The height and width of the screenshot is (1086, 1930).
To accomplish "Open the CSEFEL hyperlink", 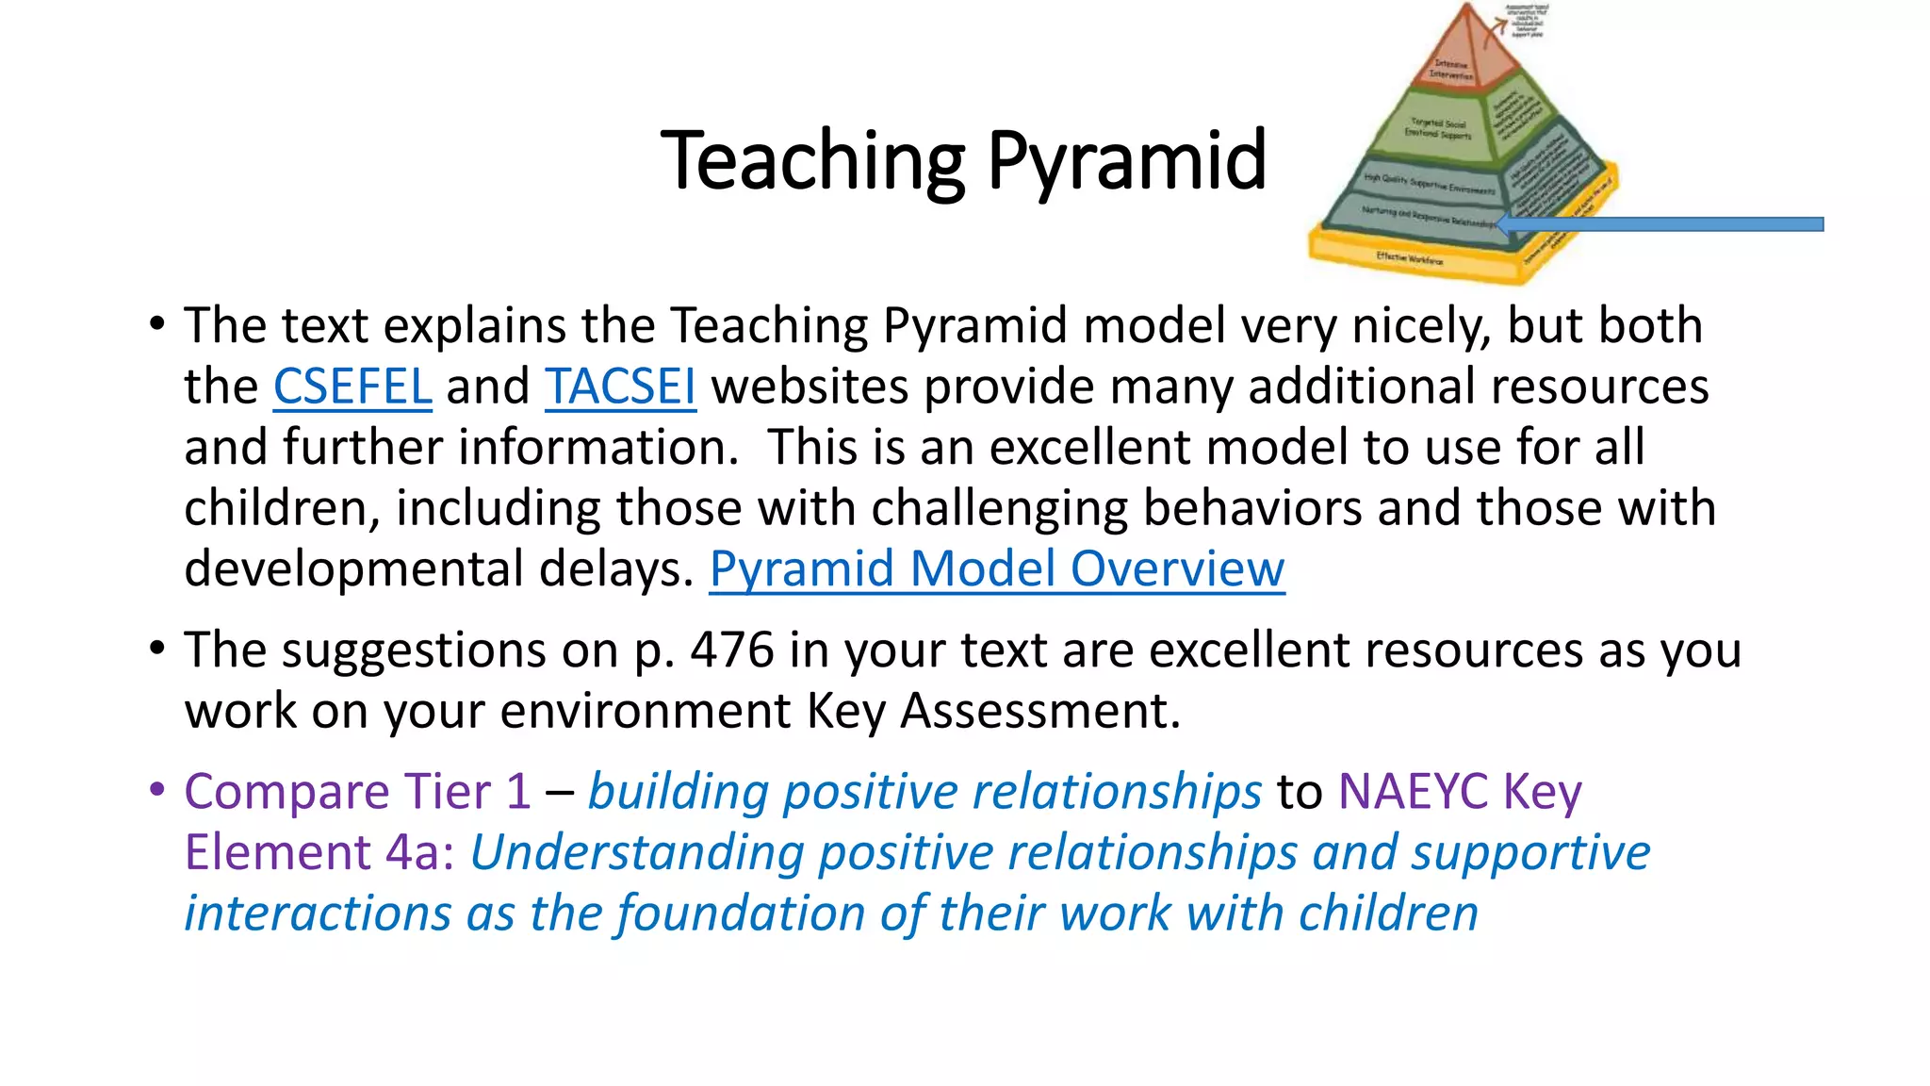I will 352,387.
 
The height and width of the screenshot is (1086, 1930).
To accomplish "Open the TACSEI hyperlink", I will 620,387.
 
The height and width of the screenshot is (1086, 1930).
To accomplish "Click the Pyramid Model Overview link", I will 996,569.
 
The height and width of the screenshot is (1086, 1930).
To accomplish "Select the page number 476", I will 731,650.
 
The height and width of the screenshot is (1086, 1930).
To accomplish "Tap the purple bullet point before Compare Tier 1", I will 157,790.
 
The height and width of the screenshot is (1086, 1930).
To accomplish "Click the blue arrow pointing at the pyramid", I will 1659,224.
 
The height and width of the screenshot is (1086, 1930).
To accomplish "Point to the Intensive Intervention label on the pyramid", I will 1451,69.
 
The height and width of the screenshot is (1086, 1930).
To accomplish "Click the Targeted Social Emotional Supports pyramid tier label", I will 1438,129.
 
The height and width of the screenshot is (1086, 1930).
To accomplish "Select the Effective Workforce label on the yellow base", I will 1409,257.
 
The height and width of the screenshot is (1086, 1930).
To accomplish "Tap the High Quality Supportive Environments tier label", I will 1428,183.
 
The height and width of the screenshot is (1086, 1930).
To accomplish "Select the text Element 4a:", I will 319,852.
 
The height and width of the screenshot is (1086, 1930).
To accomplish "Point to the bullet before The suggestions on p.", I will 157,649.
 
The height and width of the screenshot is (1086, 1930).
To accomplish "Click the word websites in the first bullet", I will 810,387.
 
